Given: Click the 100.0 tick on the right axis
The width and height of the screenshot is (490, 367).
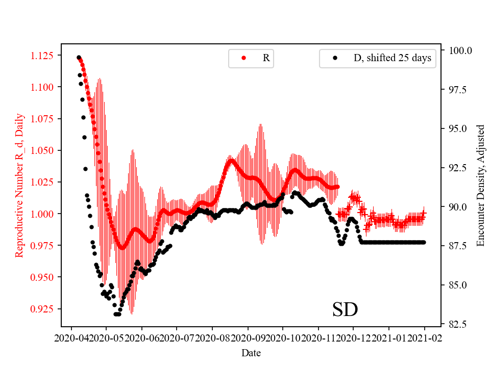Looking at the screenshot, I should tap(460, 50).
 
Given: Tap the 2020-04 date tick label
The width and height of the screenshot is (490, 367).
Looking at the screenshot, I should tap(71, 337).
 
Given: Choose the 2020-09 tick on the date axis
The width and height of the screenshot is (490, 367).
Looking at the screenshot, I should tap(248, 337).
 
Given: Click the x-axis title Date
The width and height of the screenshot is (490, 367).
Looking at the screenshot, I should tap(251, 352).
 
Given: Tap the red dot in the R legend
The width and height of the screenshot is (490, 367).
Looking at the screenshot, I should tap(244, 58).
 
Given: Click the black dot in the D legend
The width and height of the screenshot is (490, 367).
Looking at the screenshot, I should tap(335, 58).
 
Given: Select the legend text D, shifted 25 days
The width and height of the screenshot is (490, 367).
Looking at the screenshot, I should tap(392, 58).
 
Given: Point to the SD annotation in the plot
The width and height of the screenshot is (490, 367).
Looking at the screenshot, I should tap(345, 309).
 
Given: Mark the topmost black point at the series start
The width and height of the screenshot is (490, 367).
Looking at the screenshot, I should tap(79, 58).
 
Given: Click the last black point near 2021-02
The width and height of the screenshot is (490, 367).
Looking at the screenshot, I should tap(424, 242).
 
